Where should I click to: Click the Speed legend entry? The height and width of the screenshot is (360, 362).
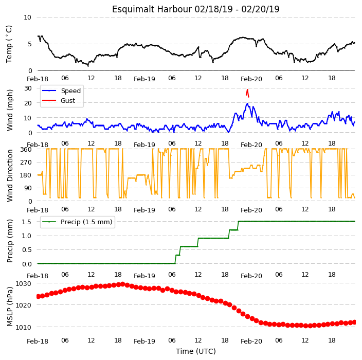coord(61,91)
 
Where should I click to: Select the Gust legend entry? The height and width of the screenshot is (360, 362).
coord(59,100)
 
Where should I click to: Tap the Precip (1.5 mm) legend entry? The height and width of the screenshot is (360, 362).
coord(77,222)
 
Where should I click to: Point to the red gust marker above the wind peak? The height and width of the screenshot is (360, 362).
coord(247,93)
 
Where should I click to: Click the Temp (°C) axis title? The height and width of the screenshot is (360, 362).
coord(9,44)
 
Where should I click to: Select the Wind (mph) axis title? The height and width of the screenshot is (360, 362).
coord(9,111)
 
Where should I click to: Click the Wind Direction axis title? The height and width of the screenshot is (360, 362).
coord(9,176)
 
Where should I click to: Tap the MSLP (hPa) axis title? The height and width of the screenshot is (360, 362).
coord(9,307)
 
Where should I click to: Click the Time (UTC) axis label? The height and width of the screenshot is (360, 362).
coord(196,351)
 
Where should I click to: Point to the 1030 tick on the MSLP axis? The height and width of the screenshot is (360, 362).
coord(23,283)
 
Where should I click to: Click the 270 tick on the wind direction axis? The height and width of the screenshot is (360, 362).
coord(26,163)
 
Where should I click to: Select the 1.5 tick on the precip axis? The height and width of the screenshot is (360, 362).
coord(27,222)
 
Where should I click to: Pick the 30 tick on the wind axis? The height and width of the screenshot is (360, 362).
coord(28,88)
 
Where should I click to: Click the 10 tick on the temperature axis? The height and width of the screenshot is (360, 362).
coord(27,17)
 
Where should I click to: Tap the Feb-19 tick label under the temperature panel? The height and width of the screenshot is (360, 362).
coord(144,79)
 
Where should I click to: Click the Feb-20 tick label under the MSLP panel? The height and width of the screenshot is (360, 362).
coord(251,341)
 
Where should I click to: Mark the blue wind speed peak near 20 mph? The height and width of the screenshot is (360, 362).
coord(247,104)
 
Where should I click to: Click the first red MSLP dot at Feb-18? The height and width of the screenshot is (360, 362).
coord(39,296)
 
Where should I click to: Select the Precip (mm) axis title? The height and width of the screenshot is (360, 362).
coord(9,241)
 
